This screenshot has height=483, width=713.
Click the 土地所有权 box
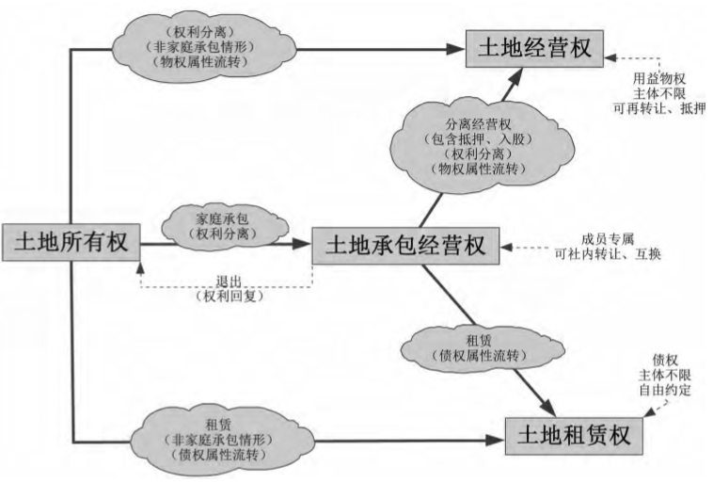[71, 242]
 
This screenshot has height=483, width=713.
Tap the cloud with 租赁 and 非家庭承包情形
[211, 434]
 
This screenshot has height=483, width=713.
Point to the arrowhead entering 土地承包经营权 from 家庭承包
[303, 244]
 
